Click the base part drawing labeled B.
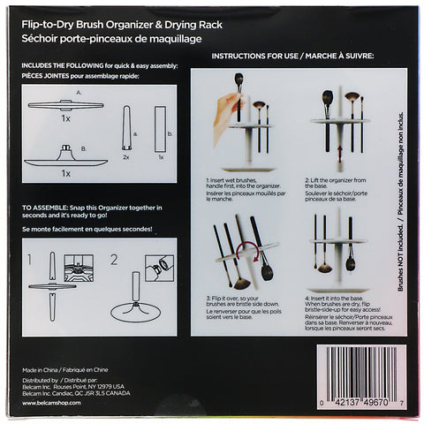[x=66, y=161]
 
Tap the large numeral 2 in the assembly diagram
[x=116, y=261]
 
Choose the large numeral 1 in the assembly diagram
[x=32, y=261]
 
